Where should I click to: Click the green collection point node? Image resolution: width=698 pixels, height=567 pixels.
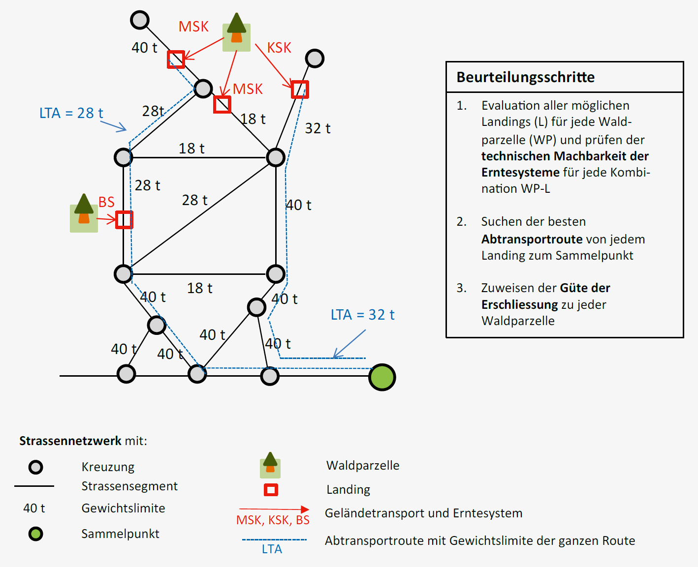coord(382,377)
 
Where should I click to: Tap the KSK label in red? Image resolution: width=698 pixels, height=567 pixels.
coord(279,48)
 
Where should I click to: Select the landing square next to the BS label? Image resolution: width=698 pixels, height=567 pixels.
coord(124,220)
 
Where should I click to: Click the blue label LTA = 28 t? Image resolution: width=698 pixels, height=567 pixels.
coord(71,113)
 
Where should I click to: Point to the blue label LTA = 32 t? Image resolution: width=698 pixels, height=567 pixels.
coord(362,315)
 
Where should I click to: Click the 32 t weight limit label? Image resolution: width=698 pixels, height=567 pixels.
coord(317,128)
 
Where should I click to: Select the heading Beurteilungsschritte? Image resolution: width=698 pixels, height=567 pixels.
coord(525,77)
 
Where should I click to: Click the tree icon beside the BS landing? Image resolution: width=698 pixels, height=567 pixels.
coord(84,212)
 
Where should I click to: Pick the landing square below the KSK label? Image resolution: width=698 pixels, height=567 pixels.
coord(300,90)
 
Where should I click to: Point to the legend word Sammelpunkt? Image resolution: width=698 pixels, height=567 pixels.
coord(120,534)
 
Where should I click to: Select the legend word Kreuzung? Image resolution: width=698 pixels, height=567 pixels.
coord(108,467)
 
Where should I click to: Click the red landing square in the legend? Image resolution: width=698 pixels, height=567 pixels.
coord(271,490)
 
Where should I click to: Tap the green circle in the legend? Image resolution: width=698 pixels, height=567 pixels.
coord(35,534)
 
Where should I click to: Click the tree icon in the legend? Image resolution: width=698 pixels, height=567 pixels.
coord(270,465)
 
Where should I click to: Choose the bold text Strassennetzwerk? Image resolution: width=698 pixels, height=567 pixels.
coord(70,441)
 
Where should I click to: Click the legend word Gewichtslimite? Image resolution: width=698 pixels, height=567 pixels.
coord(123,508)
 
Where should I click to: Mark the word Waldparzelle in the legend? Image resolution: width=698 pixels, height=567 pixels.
coord(363,465)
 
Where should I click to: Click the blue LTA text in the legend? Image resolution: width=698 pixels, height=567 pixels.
coord(272,549)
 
